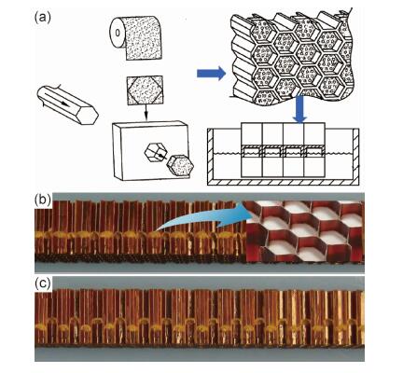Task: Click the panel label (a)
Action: tap(42, 18)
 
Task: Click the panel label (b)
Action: tap(42, 200)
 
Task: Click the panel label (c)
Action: tap(42, 283)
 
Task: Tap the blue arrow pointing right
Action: tap(212, 74)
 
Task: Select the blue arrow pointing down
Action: tap(300, 109)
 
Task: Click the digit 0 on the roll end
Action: tap(117, 33)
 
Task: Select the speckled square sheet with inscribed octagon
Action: tap(145, 90)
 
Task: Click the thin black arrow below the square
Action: tap(146, 113)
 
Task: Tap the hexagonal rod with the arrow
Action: tap(67, 104)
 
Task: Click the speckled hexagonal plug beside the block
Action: tap(180, 166)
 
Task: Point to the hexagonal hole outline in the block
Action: tap(156, 152)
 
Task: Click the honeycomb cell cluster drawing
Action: tap(293, 56)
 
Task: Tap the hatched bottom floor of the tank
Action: tap(283, 182)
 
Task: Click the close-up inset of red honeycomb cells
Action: tap(305, 231)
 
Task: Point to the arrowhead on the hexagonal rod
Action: tap(65, 104)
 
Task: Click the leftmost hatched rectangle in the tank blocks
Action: tap(252, 151)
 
